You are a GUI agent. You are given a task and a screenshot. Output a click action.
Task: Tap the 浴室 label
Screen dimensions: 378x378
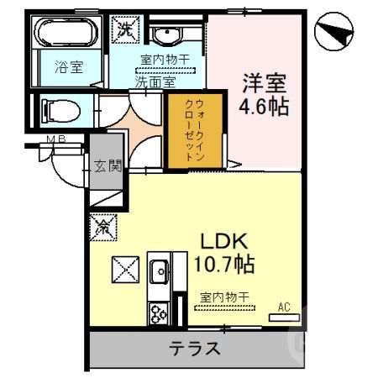pos(69,68)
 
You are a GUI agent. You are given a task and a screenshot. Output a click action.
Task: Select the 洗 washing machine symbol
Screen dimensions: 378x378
pos(125,28)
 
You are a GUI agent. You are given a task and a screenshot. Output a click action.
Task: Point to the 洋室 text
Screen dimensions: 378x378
pos(265,84)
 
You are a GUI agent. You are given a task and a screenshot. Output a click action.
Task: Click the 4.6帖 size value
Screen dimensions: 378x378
pos(265,108)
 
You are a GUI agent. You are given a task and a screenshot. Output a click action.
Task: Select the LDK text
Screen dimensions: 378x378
pos(222,242)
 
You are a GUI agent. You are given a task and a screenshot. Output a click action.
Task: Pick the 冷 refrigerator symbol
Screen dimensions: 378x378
pos(105,226)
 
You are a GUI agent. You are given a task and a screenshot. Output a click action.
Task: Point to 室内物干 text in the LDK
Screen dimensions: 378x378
pos(225,297)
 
